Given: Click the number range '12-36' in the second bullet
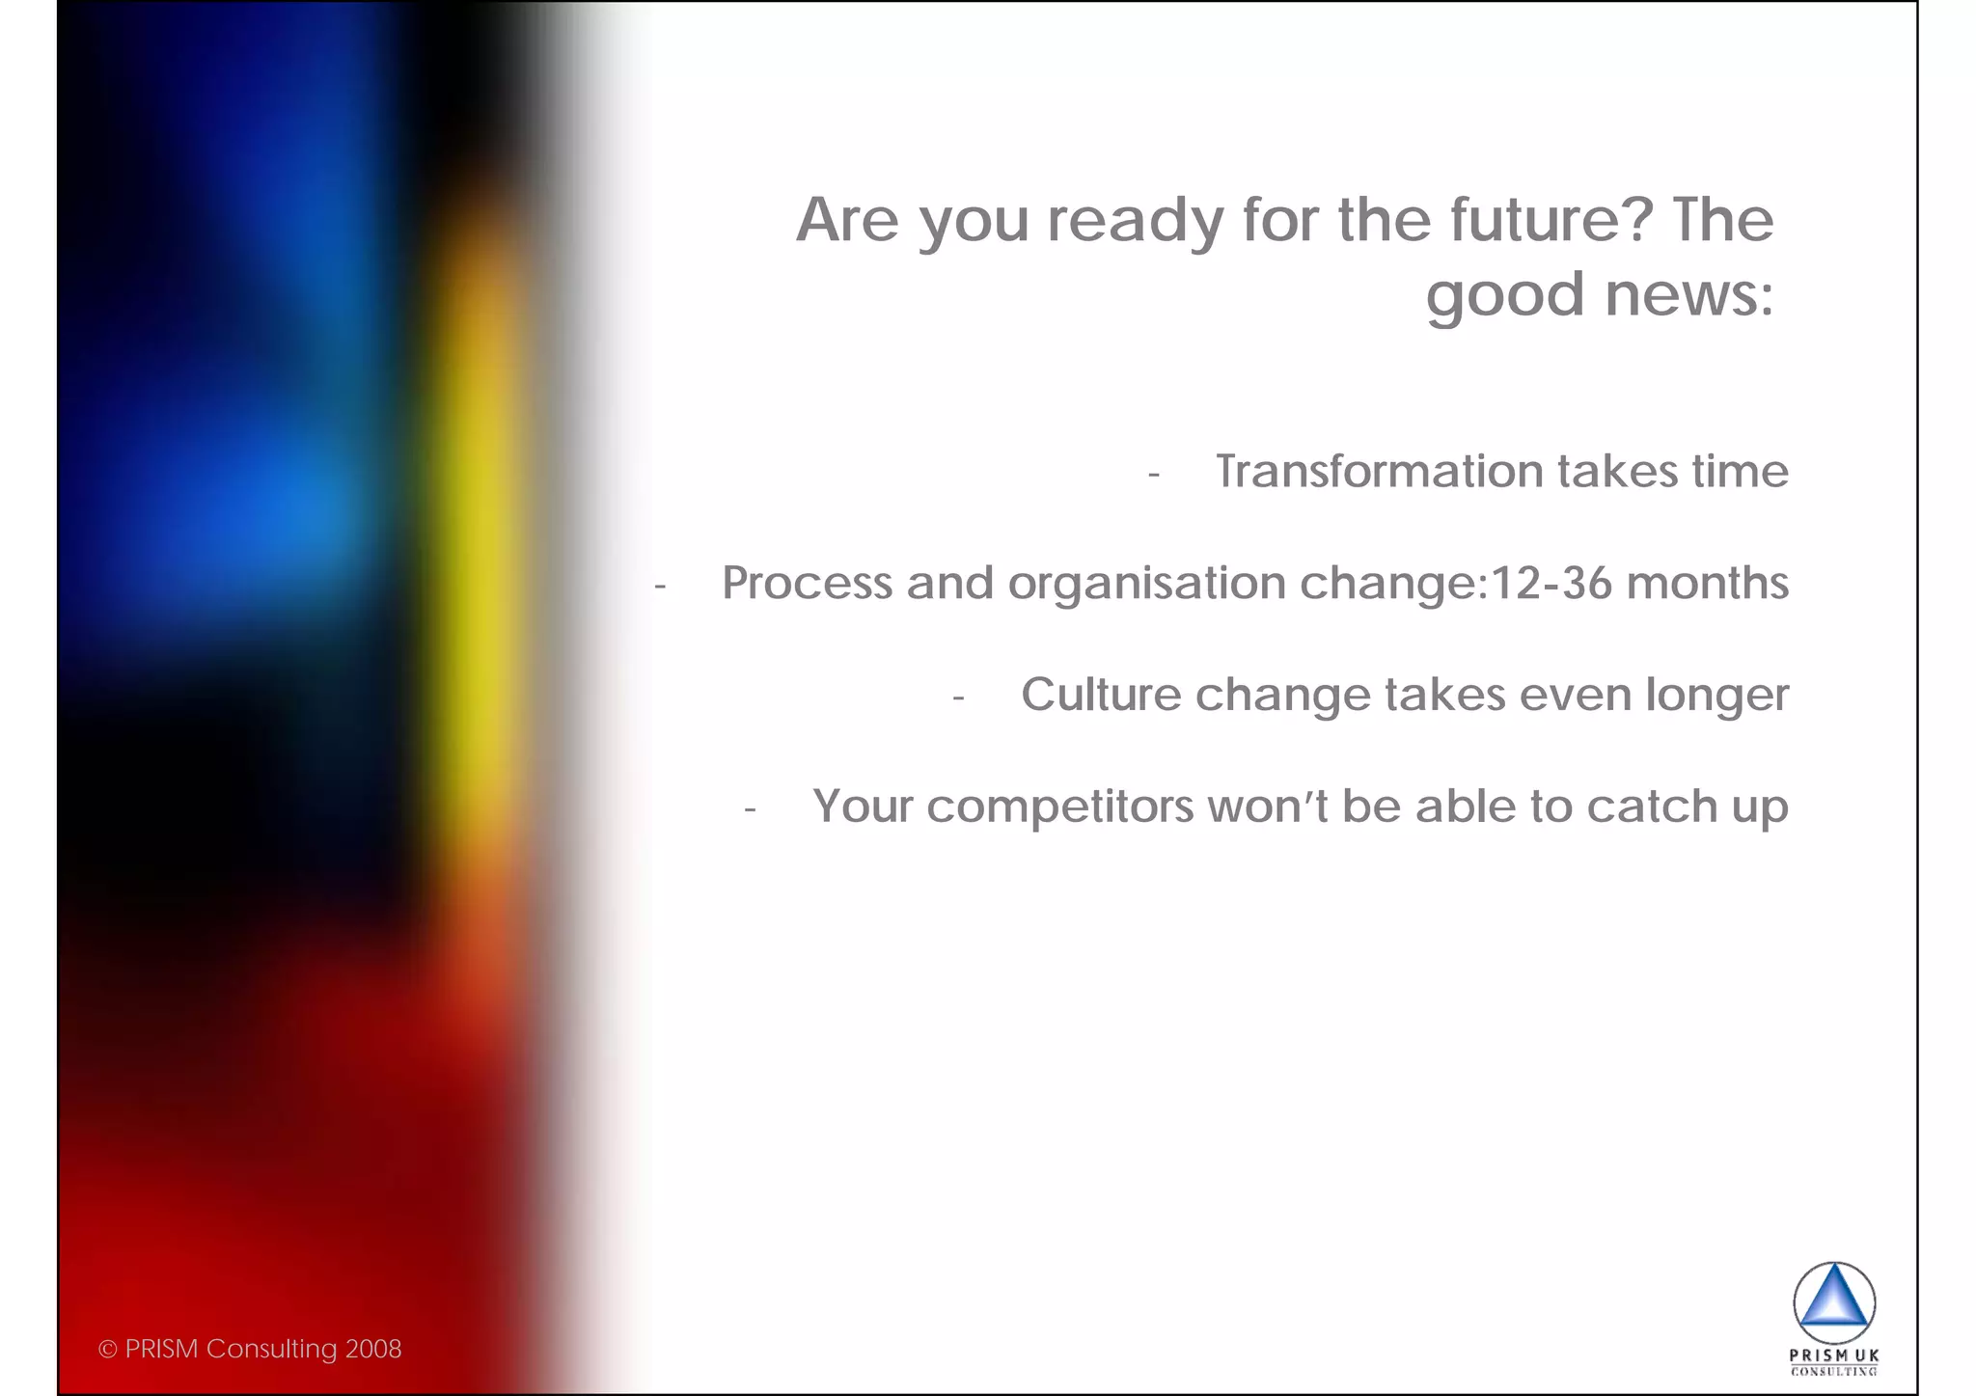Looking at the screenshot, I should (x=1551, y=584).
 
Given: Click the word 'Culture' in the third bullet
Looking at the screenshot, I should (x=1100, y=695).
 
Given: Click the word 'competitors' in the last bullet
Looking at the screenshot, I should (x=1059, y=807).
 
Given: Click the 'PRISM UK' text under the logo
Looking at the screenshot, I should (x=1833, y=1355).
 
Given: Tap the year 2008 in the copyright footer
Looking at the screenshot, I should (x=372, y=1349).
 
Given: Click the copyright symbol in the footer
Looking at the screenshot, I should (x=107, y=1350).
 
